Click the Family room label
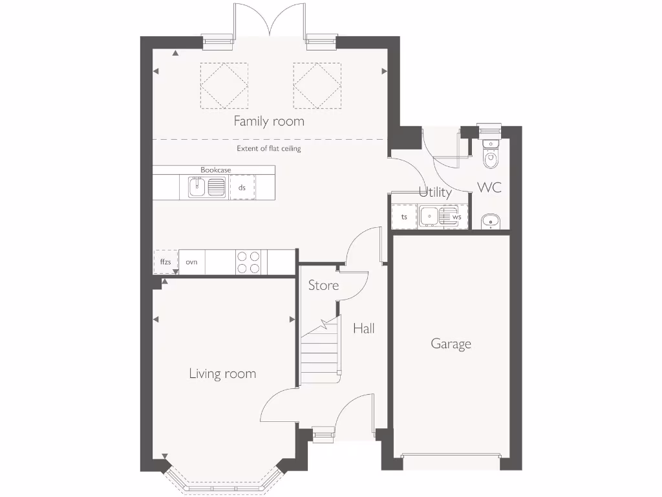269,121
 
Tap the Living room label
222,373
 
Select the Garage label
451,344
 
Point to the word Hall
363,329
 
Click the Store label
323,285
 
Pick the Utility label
435,192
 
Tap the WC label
489,188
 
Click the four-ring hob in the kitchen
248,262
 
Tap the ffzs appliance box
165,262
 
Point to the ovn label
191,262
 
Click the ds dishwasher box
242,188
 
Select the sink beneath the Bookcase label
207,188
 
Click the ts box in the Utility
404,217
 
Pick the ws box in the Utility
456,217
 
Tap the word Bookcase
215,170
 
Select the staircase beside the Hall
320,353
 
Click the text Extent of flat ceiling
268,149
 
